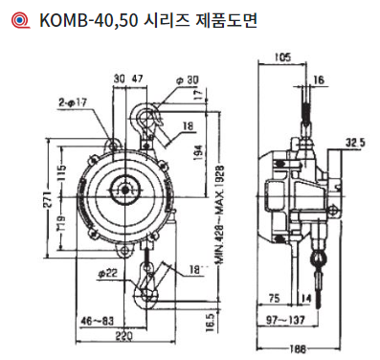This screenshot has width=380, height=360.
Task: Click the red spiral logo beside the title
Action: coord(20,20)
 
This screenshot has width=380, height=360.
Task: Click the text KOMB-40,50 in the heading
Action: coord(89,20)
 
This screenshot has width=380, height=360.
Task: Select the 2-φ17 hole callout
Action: coord(73,102)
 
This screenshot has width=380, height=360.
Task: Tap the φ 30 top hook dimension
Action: coord(188,80)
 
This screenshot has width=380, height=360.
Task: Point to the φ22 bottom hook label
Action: coord(108,274)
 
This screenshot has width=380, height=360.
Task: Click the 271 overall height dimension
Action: coord(48,200)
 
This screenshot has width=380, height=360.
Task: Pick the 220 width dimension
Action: coord(123,336)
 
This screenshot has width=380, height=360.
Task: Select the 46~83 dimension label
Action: coord(98,321)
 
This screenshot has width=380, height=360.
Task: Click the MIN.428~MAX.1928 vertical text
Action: coord(220,214)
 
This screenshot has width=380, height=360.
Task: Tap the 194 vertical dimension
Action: coord(198,152)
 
